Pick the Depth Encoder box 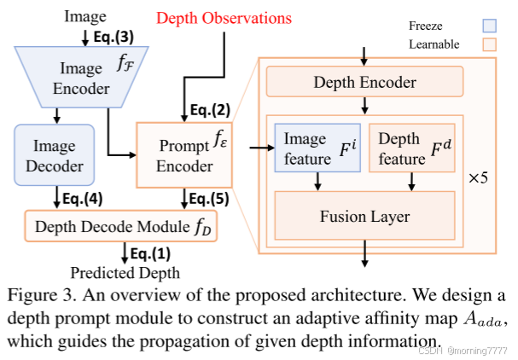(x=365, y=83)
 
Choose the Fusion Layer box (x=364, y=217)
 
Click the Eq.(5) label (x=209, y=200)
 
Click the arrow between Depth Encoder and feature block (x=365, y=106)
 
